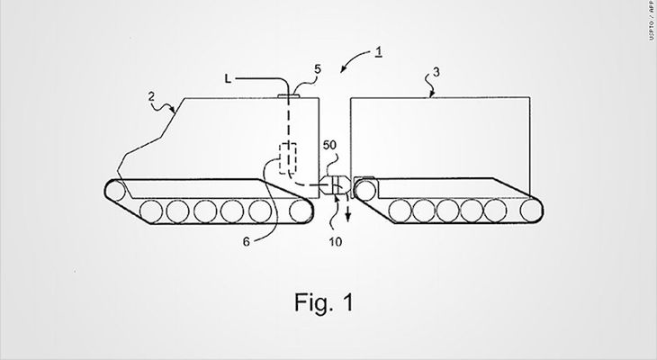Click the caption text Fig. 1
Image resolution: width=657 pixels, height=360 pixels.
click(x=324, y=301)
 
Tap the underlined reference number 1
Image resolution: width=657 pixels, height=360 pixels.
click(x=378, y=51)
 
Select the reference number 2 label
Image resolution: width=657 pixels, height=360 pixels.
click(x=151, y=97)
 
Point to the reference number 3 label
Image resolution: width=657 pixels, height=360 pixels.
click(x=436, y=72)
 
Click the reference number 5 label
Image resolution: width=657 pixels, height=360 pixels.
click(x=317, y=69)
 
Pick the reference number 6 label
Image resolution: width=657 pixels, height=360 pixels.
click(x=247, y=242)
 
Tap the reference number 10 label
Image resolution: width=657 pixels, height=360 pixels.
click(x=335, y=242)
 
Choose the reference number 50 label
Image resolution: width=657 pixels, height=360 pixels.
click(x=329, y=145)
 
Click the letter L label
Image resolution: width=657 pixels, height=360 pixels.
click(x=228, y=78)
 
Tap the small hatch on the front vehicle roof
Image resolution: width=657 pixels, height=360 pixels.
click(x=288, y=96)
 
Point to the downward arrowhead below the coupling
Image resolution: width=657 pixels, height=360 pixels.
click(x=347, y=217)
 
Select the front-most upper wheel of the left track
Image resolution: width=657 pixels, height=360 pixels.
click(x=115, y=191)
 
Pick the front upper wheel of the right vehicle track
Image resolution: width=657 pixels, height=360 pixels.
click(x=365, y=190)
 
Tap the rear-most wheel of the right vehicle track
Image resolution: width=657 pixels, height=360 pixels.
click(x=531, y=211)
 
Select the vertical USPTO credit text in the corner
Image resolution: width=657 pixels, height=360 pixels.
click(x=652, y=20)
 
